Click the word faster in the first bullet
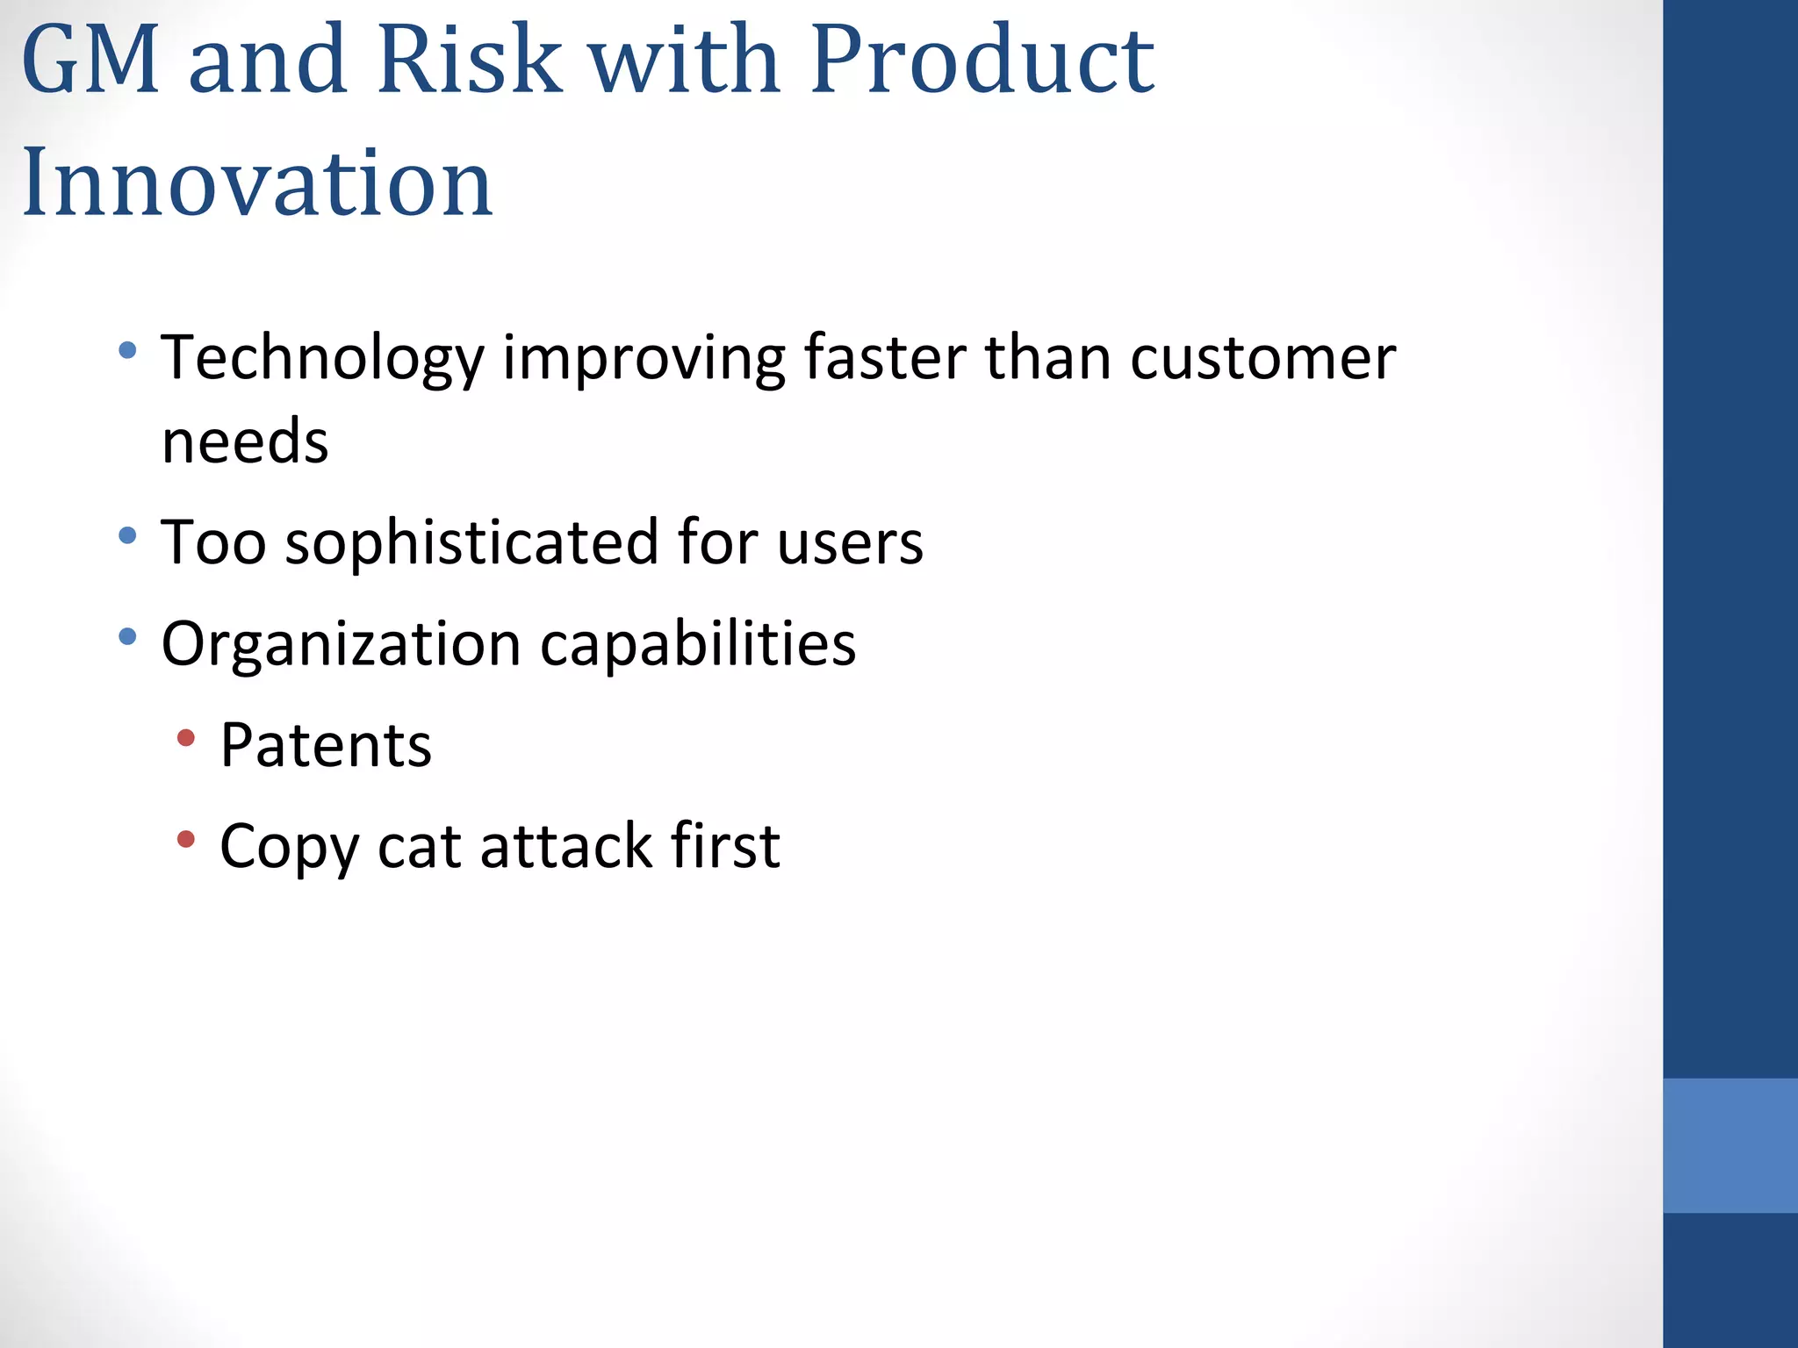point(884,358)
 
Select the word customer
point(1262,358)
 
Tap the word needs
point(245,441)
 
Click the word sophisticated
point(471,543)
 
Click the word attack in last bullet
point(565,847)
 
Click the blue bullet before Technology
point(127,350)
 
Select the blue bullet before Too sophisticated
point(127,534)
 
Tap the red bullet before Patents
point(185,738)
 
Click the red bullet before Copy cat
point(185,839)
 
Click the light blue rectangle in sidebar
point(1730,1145)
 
